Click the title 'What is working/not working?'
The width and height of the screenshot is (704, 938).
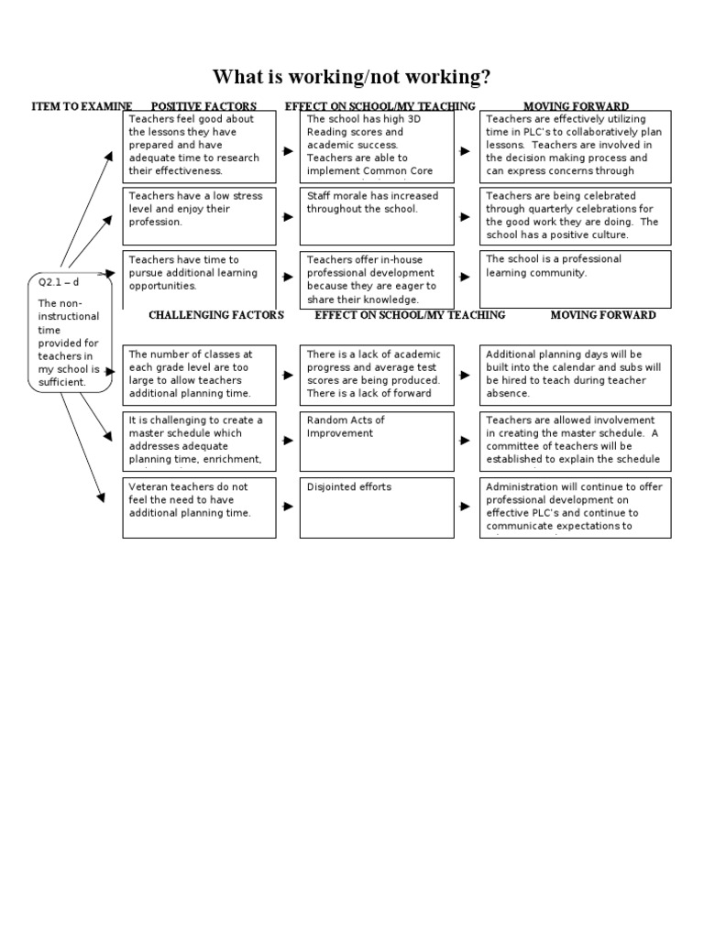pyautogui.click(x=352, y=76)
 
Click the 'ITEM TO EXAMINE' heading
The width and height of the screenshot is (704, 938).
pyautogui.click(x=82, y=107)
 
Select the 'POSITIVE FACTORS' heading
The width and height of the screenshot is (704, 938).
pyautogui.click(x=203, y=107)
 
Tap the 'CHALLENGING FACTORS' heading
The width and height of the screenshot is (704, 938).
pyautogui.click(x=216, y=315)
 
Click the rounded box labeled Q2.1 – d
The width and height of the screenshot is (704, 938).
pyautogui.click(x=70, y=332)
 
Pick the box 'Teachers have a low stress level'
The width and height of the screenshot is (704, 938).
pyautogui.click(x=199, y=216)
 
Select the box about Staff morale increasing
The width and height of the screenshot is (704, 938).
pyautogui.click(x=377, y=216)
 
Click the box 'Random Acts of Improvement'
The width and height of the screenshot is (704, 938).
pyautogui.click(x=377, y=441)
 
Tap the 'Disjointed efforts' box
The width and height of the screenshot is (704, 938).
pyautogui.click(x=377, y=507)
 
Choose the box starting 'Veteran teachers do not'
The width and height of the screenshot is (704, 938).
pyautogui.click(x=199, y=507)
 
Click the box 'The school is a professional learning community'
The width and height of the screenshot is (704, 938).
pyautogui.click(x=575, y=279)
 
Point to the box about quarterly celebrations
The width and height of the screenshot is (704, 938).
pyautogui.click(x=575, y=216)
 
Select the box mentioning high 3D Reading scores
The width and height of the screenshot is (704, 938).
pyautogui.click(x=377, y=146)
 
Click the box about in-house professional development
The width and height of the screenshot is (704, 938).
pyautogui.click(x=377, y=279)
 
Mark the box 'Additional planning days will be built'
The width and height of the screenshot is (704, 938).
pyautogui.click(x=575, y=374)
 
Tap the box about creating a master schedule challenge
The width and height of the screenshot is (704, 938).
pyautogui.click(x=199, y=441)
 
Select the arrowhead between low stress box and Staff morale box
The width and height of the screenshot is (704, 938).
pyautogui.click(x=289, y=217)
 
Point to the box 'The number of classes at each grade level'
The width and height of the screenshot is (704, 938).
pyautogui.click(x=199, y=374)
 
